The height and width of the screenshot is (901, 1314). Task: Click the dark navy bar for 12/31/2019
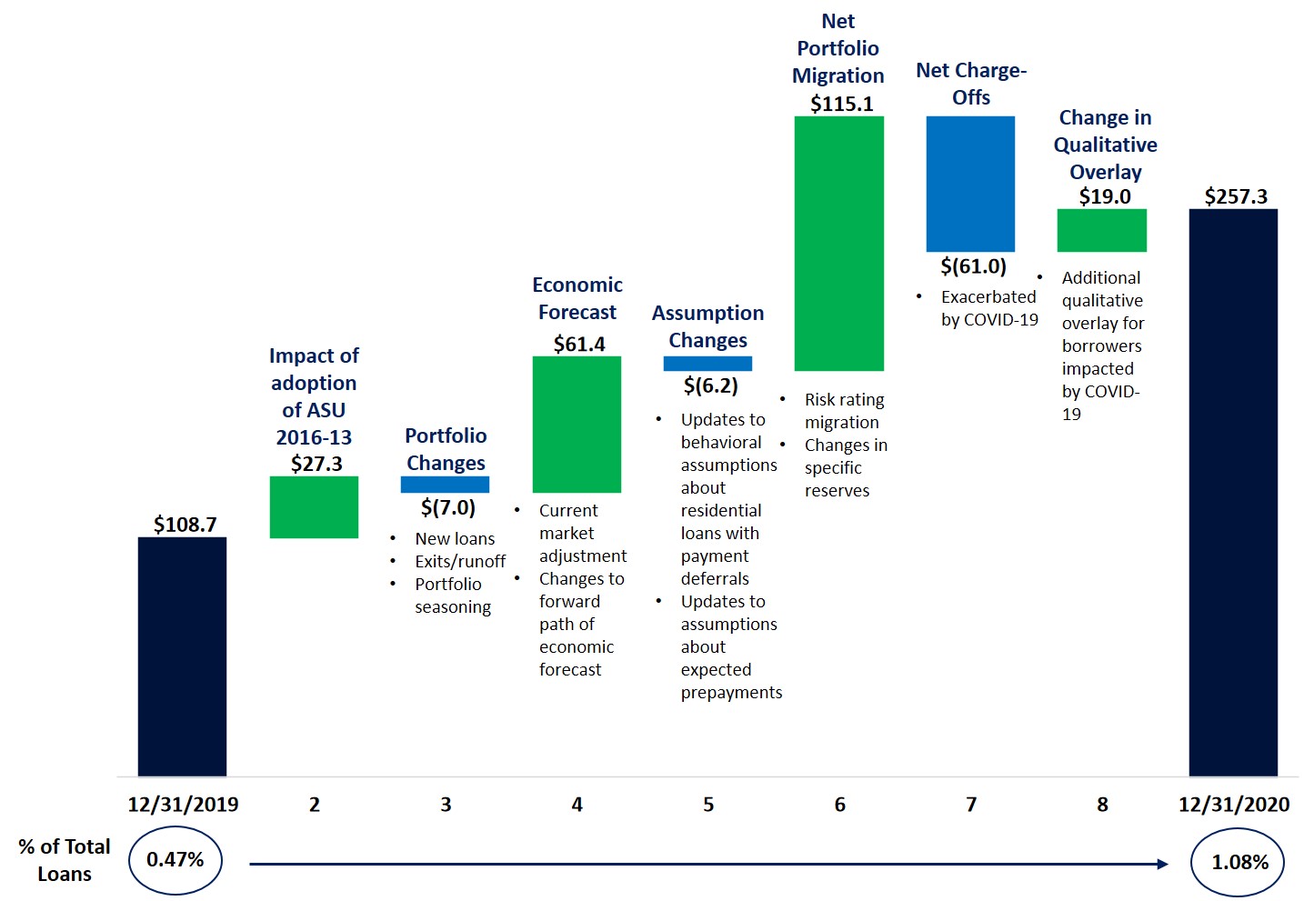[x=182, y=656]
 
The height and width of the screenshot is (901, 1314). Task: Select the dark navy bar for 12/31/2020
[x=1233, y=492]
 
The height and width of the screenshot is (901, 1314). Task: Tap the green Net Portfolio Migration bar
[x=838, y=243]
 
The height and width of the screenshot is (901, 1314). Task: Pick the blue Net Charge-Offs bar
[x=970, y=184]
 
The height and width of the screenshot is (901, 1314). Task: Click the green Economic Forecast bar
[x=577, y=424]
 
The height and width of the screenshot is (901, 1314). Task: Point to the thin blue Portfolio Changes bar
[x=445, y=485]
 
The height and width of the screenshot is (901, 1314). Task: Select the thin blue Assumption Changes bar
[x=707, y=364]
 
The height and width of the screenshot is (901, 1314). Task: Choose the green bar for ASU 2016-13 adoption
[x=314, y=507]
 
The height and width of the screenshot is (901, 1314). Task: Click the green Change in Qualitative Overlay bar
[x=1101, y=230]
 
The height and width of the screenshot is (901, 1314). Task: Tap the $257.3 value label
[x=1235, y=196]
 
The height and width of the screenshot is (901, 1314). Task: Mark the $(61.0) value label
[x=973, y=266]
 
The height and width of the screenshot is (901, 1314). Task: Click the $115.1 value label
[x=841, y=104]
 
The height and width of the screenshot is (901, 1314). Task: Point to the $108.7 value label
[x=185, y=525]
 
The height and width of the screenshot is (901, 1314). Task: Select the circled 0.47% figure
[x=176, y=860]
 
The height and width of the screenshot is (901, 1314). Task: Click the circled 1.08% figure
[x=1239, y=863]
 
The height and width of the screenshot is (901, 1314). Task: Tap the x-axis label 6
[x=839, y=805]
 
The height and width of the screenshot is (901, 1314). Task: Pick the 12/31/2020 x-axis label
[x=1233, y=805]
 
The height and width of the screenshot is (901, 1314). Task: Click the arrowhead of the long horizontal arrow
[x=1163, y=864]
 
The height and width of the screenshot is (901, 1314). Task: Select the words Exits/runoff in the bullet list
[x=460, y=562]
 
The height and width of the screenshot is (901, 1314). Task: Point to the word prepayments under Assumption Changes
[x=731, y=693]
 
